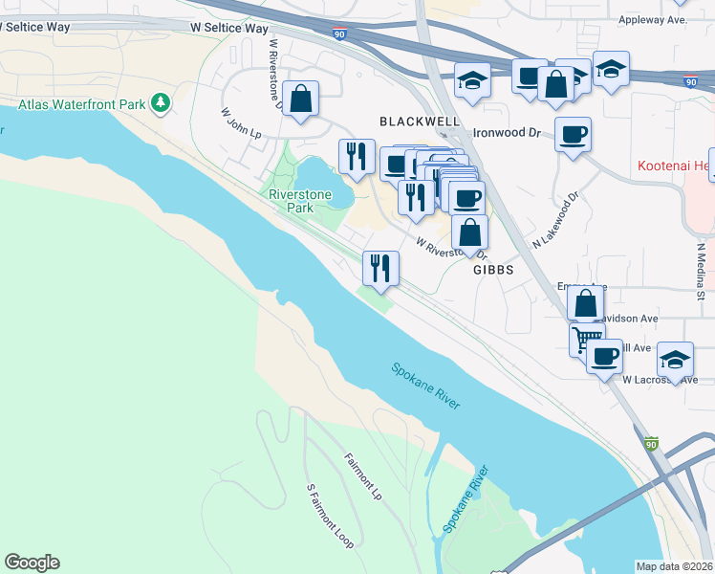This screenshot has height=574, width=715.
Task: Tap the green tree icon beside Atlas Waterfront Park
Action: click(x=162, y=100)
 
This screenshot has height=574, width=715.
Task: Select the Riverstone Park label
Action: click(x=292, y=200)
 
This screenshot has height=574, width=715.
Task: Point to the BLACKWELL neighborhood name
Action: click(x=420, y=121)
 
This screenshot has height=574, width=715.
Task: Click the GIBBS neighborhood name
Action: click(x=493, y=271)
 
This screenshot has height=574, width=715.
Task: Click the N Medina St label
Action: click(x=701, y=272)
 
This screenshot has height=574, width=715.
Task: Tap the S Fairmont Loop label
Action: click(x=330, y=516)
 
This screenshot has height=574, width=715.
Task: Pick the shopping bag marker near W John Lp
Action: click(x=300, y=98)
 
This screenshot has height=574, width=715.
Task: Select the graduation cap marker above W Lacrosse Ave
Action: click(x=676, y=360)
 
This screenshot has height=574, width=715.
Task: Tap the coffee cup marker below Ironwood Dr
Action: click(x=573, y=134)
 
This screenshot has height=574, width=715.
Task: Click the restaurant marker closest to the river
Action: click(x=381, y=267)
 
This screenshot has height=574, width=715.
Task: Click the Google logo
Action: click(x=32, y=563)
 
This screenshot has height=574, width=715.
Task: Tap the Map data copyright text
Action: click(x=675, y=565)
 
